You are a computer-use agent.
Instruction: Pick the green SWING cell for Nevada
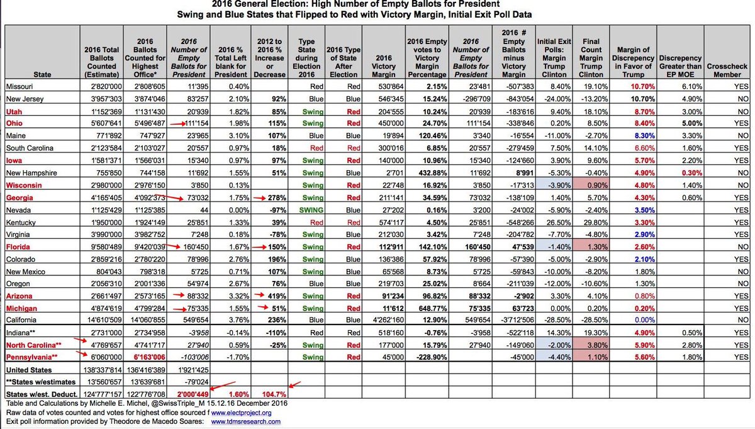[x=306, y=210]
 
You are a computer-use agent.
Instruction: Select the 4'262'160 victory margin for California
[x=382, y=320]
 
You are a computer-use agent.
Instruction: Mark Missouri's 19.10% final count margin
[x=589, y=87]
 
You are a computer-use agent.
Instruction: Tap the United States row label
[x=28, y=370]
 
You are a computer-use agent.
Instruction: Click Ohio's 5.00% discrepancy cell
[x=679, y=124]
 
